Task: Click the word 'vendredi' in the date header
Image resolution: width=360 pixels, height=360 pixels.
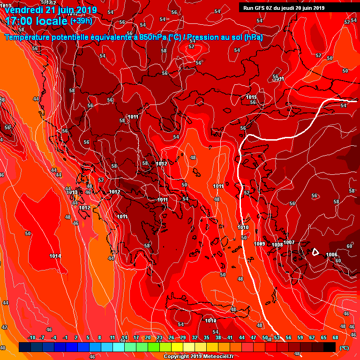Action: [22, 10]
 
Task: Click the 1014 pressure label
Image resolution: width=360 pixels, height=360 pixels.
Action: [55, 256]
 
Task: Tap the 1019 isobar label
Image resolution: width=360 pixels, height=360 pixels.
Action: [210, 321]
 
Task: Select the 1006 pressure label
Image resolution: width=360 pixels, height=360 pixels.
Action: [331, 255]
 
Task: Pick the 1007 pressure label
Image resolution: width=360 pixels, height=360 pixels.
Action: [289, 242]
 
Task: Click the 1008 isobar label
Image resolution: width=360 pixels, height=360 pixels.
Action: [277, 245]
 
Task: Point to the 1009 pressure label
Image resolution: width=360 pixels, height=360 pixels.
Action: [260, 244]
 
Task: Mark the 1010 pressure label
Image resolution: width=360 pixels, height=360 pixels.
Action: [243, 227]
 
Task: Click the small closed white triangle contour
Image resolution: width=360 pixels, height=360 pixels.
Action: [316, 252]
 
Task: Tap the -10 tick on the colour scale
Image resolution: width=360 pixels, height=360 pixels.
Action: [32, 338]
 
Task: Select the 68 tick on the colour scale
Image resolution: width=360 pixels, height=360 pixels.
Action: [336, 338]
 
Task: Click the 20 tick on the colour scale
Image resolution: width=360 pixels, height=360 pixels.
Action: [148, 338]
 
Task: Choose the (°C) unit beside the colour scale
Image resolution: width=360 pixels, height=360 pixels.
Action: [344, 348]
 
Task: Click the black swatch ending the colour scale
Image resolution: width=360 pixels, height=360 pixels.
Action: [330, 347]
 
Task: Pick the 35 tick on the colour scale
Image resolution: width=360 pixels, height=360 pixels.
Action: [206, 338]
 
